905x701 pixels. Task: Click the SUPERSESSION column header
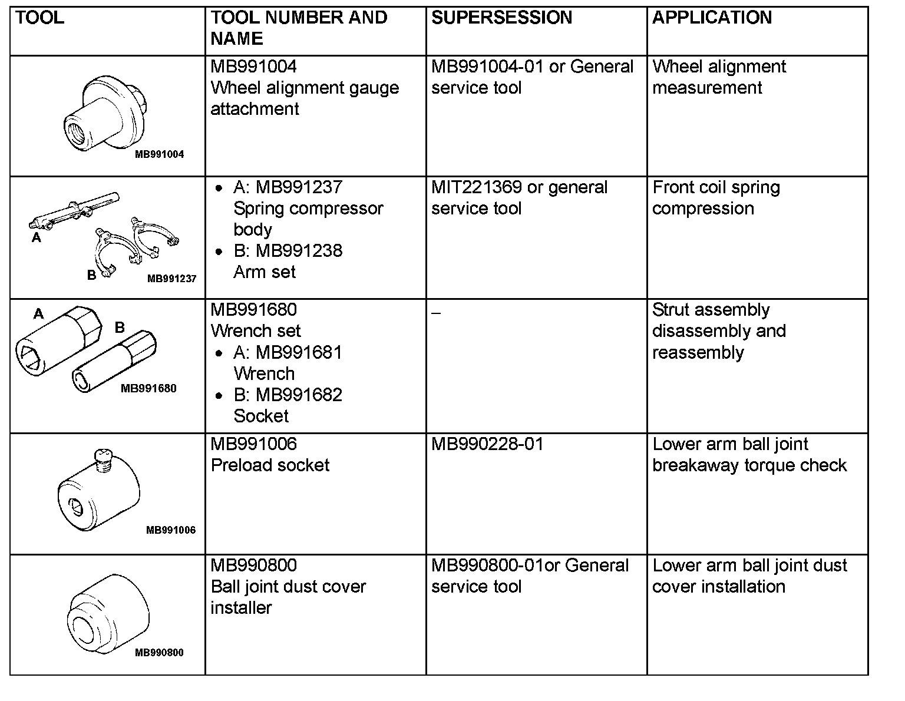pos(501,18)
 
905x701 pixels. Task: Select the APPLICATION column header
pos(712,18)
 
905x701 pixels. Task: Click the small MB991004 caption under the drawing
pos(159,154)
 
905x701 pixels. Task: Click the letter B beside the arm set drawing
pos(91,275)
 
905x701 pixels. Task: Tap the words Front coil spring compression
pos(716,198)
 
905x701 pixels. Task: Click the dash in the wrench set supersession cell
pos(435,312)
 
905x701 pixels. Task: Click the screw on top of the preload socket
pos(103,459)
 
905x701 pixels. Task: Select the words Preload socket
pos(270,465)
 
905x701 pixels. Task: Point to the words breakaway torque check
pos(749,465)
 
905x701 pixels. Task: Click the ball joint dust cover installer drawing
pos(108,615)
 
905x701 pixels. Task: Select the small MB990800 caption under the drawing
pos(159,653)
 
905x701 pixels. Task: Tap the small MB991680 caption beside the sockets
pos(148,388)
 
